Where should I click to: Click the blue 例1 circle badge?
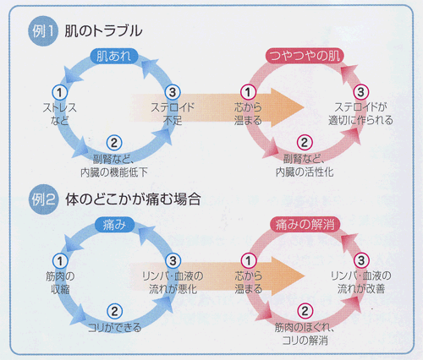point(43,31)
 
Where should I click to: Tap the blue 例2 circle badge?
point(43,199)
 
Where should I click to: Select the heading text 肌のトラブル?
point(103,30)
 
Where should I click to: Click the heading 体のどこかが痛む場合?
point(133,199)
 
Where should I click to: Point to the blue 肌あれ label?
point(114,56)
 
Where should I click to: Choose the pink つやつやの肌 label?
point(305,56)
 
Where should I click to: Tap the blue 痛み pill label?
point(114,225)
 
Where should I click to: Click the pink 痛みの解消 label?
point(305,225)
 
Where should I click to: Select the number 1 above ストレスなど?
point(59,92)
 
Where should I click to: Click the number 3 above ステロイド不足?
point(173,92)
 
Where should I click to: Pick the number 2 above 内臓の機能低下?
point(114,143)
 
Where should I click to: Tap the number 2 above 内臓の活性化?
point(305,143)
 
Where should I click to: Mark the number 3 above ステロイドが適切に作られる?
point(361,92)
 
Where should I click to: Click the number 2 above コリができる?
point(114,311)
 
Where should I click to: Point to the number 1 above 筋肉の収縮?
point(60,261)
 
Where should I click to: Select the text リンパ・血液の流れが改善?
point(361,282)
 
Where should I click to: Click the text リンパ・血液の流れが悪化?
point(173,282)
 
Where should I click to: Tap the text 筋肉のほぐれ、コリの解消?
point(305,334)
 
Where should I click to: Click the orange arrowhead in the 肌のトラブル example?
point(288,107)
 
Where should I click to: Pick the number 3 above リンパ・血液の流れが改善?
point(361,260)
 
